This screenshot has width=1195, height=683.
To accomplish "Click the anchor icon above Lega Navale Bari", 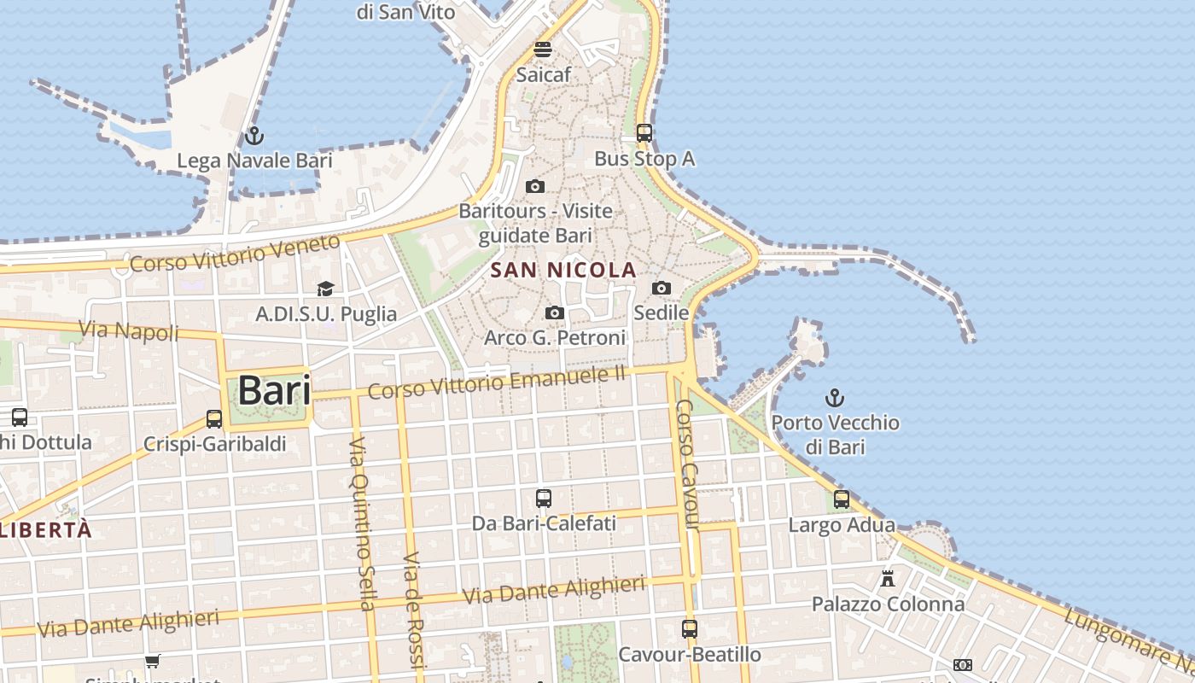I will [x=254, y=136].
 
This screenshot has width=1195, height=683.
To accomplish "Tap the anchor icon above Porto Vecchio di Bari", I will [x=835, y=398].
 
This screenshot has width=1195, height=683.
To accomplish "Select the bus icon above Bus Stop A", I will [x=644, y=133].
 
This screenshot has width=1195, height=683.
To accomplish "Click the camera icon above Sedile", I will [x=662, y=289].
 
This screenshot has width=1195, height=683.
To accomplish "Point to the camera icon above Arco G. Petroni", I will [x=555, y=313].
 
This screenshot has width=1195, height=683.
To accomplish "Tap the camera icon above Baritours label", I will [x=535, y=186].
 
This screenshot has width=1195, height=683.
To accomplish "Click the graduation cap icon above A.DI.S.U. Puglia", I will [x=325, y=289].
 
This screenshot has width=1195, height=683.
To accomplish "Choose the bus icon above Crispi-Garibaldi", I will [x=214, y=419].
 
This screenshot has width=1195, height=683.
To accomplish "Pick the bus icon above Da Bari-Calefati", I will [x=544, y=499].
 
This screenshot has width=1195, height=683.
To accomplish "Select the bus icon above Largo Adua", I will [x=842, y=500].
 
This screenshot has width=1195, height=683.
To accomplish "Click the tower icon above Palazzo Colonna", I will [x=888, y=579].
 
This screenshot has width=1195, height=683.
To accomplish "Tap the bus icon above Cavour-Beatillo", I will [x=690, y=629].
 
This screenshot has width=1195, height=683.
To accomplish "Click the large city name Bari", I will [x=274, y=391].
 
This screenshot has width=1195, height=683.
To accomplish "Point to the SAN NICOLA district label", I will [x=564, y=271].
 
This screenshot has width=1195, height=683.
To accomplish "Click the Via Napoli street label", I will [x=129, y=330].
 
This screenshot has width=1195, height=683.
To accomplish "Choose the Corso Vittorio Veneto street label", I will [x=235, y=254].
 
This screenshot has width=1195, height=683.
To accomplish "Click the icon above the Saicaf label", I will [x=543, y=50].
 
